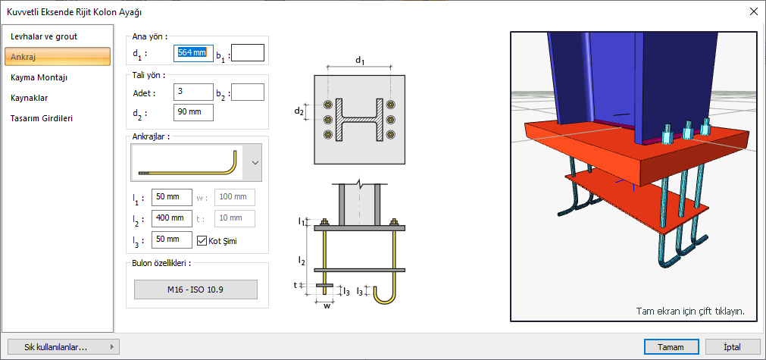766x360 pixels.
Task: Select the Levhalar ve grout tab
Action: [x=44, y=36]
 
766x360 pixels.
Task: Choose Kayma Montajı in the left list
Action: [x=39, y=77]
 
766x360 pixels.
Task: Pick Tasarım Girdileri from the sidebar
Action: [x=42, y=118]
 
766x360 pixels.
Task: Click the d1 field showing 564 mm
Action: [x=192, y=53]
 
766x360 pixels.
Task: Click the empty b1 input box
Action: [x=247, y=53]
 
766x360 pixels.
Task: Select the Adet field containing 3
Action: [x=192, y=92]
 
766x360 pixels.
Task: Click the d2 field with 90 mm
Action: [x=192, y=112]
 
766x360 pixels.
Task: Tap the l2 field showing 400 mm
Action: [x=171, y=218]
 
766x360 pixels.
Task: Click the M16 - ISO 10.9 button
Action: [x=195, y=290]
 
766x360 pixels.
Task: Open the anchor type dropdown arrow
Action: [x=255, y=162]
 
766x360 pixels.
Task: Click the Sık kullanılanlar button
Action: [x=61, y=347]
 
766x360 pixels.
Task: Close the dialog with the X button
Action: [x=752, y=11]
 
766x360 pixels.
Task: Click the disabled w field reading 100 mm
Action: [x=235, y=197]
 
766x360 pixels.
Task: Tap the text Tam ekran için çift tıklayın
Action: [x=689, y=311]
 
